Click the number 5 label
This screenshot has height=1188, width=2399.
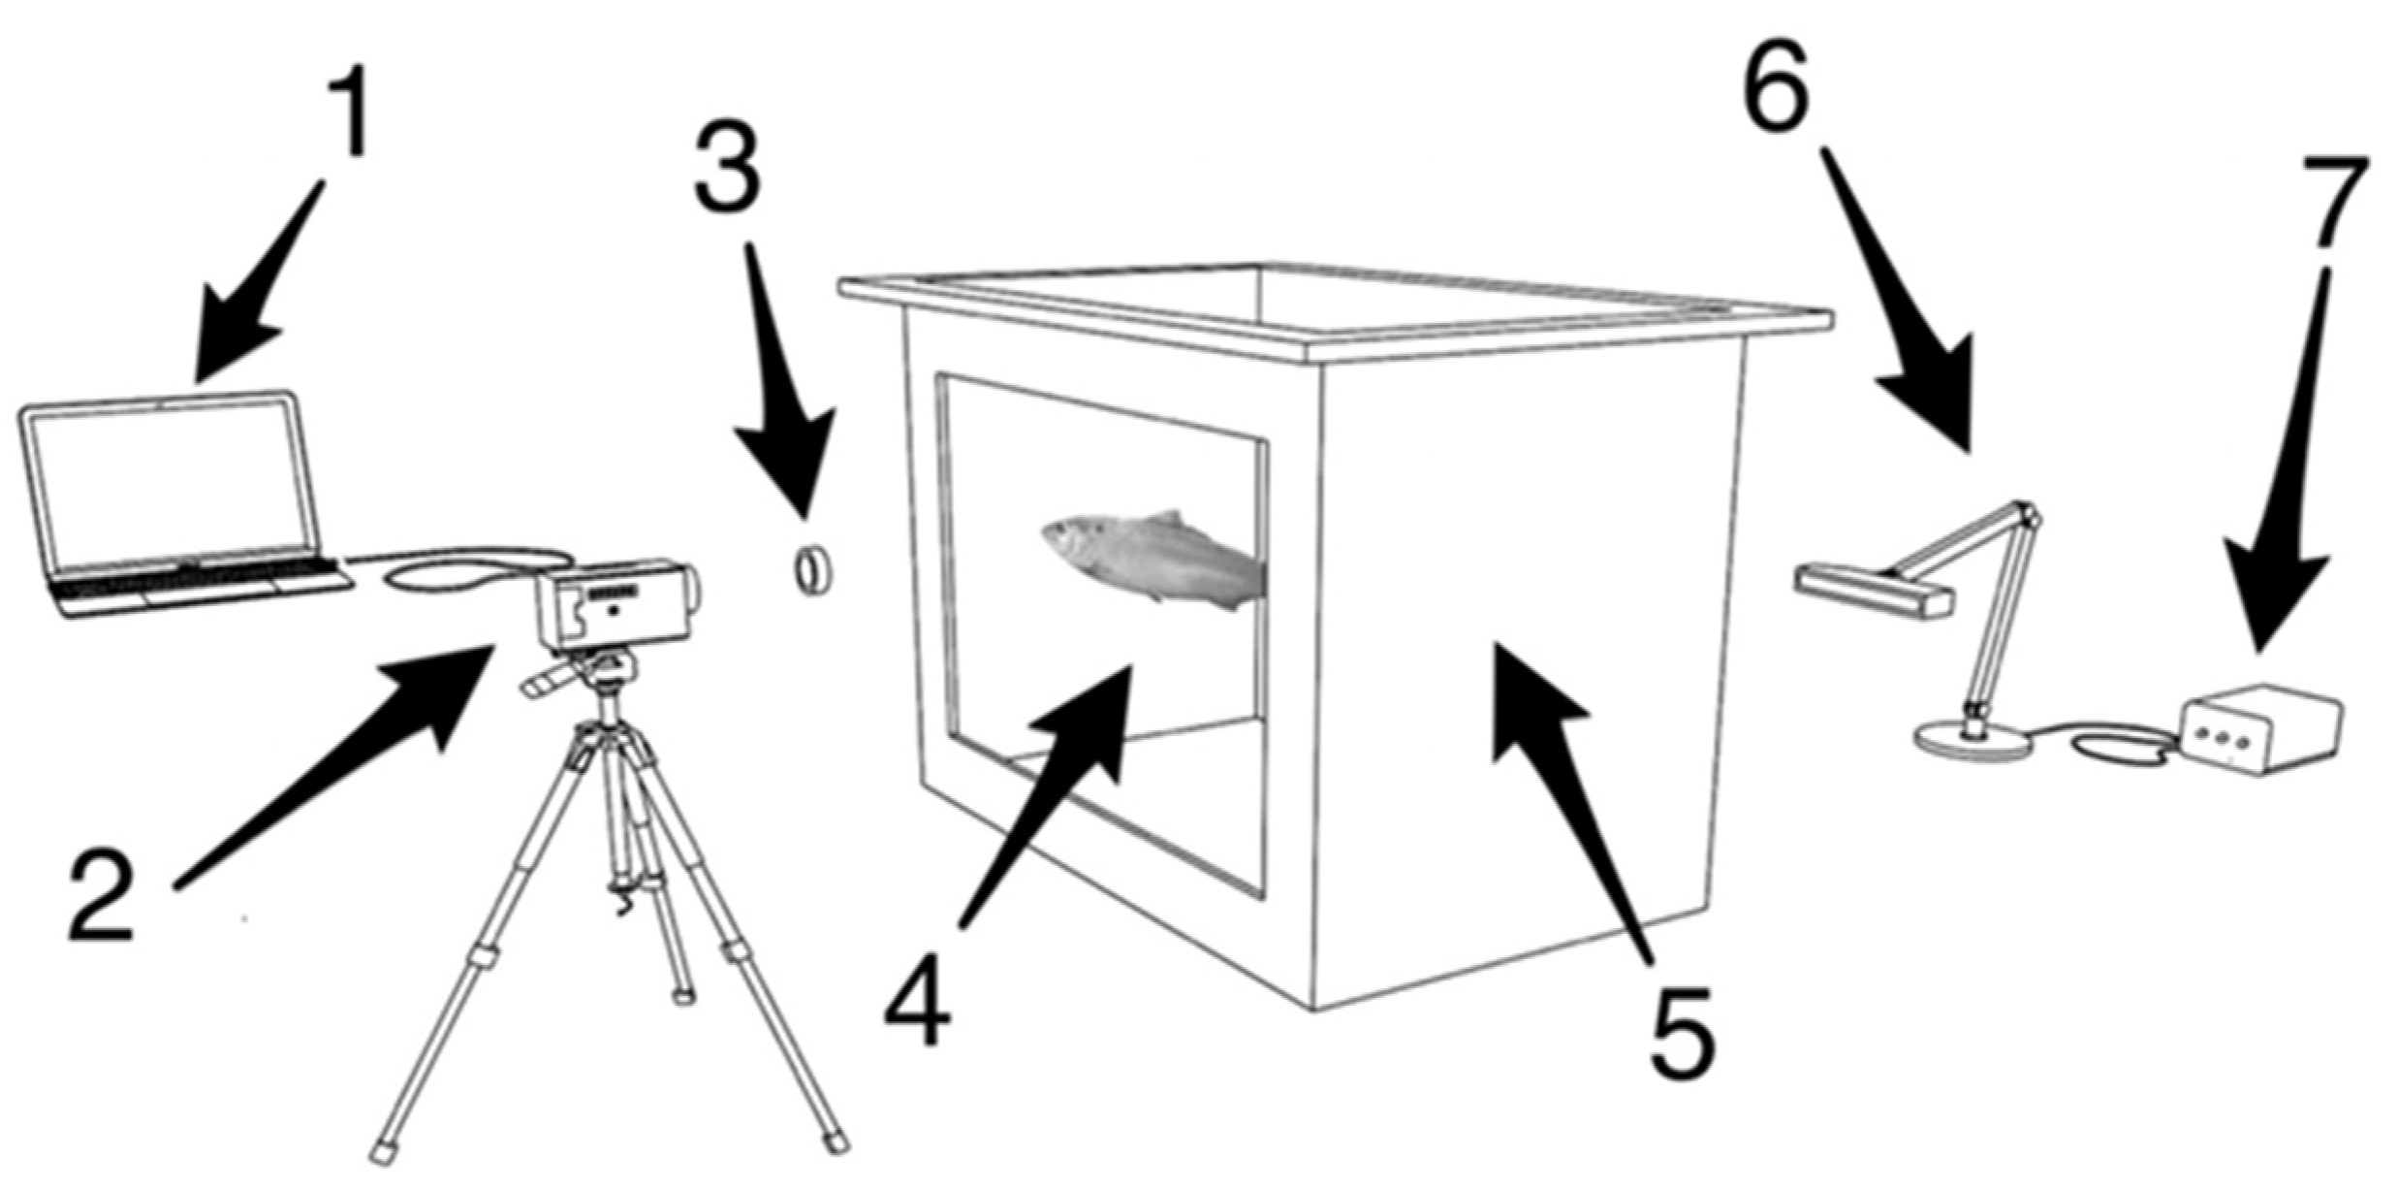coord(1682,1032)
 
